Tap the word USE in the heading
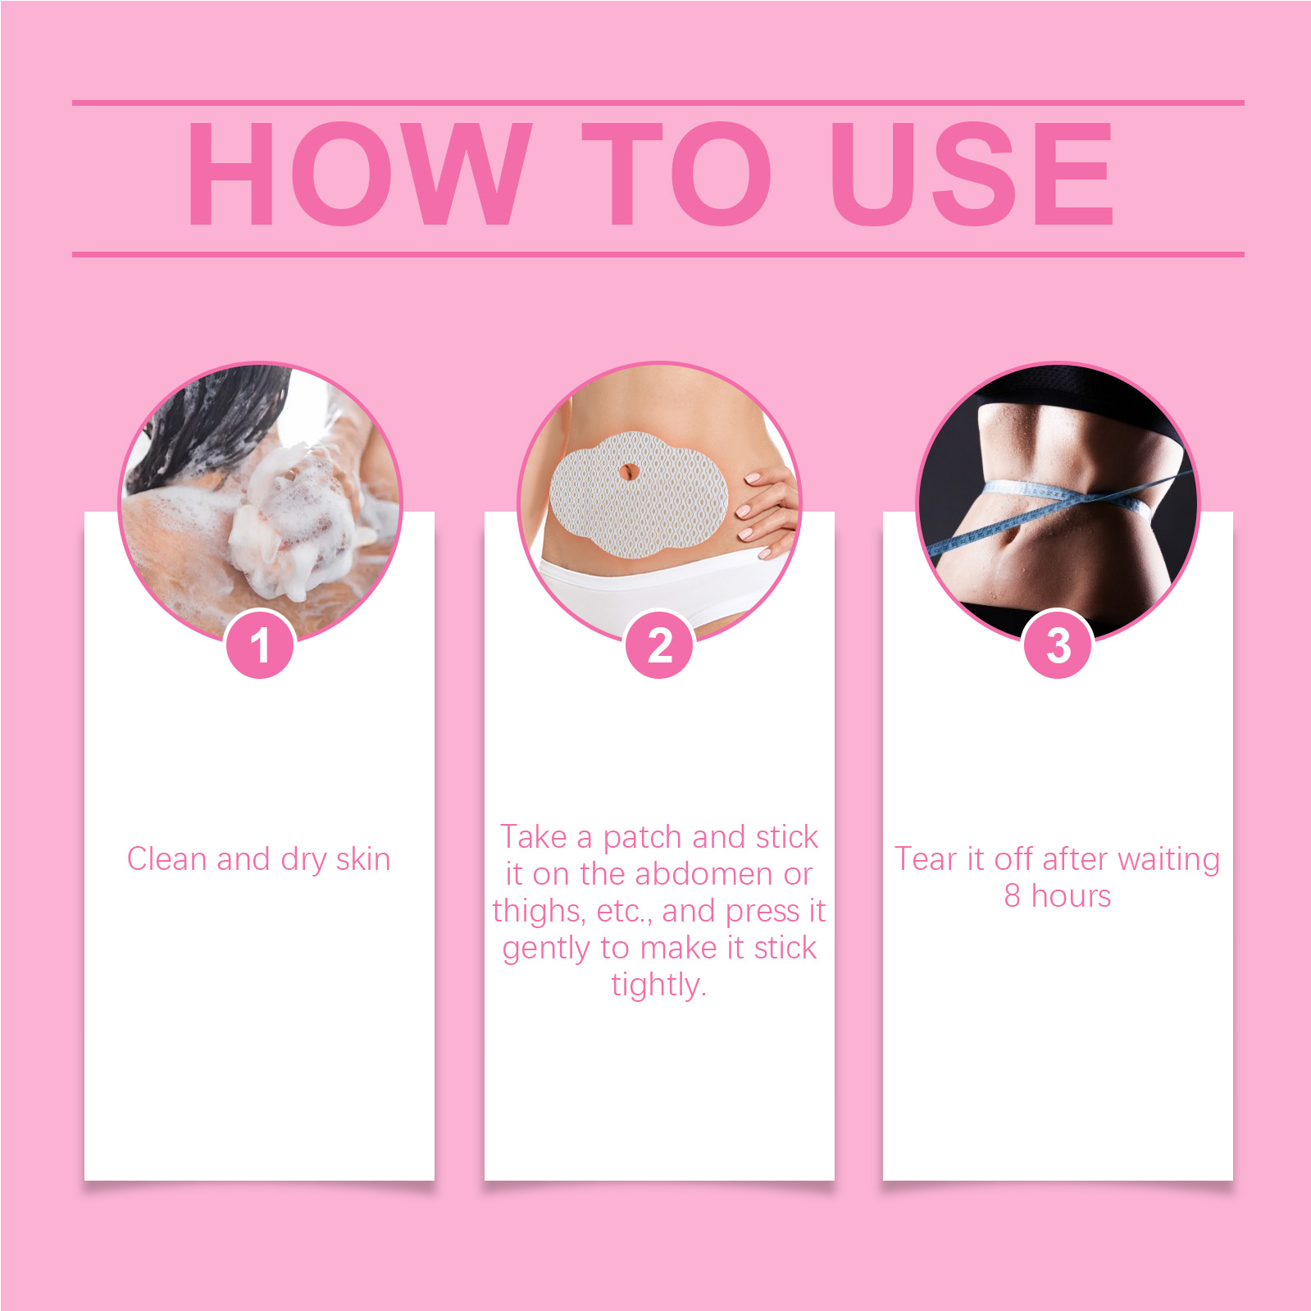click(972, 173)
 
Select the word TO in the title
click(676, 173)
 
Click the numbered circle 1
click(260, 645)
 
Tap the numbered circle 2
click(659, 645)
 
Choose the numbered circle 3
click(1058, 645)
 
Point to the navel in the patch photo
click(628, 473)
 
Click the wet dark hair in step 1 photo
click(205, 426)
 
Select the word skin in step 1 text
click(363, 858)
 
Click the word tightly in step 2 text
click(658, 985)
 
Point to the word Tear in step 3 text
click(926, 858)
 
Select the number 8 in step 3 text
click(1013, 895)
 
